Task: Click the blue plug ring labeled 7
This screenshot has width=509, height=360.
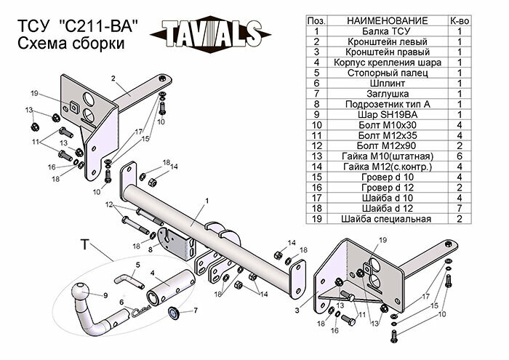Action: tap(175, 314)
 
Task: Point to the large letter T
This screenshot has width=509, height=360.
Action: tap(84, 246)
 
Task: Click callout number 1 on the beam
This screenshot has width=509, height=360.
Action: tap(207, 200)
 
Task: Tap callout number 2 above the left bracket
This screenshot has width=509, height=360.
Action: tap(113, 77)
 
